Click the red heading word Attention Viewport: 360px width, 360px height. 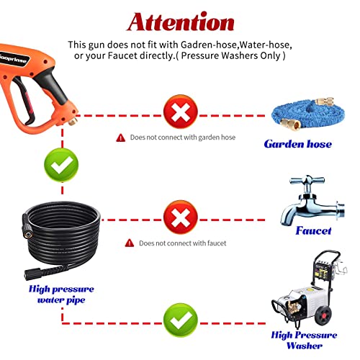point(180,22)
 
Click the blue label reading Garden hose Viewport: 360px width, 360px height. point(297,144)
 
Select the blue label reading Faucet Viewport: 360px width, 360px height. point(313,231)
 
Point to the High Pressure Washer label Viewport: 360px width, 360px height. point(304,340)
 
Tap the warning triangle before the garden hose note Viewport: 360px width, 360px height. point(120,138)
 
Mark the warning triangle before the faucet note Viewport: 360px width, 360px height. point(130,243)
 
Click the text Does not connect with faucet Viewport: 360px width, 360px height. point(181,243)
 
